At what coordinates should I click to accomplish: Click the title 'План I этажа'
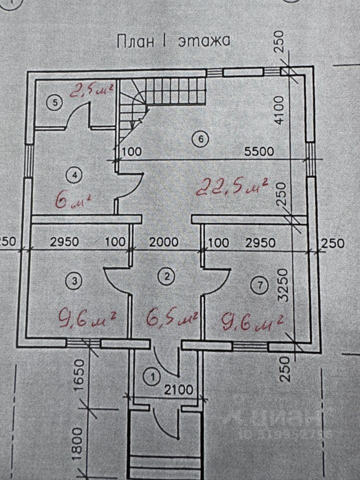[173, 41]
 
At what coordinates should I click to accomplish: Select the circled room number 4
[74, 175]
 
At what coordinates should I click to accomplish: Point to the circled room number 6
[200, 139]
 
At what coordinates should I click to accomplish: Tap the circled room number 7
[257, 285]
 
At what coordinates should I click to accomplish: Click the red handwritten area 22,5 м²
[232, 187]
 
